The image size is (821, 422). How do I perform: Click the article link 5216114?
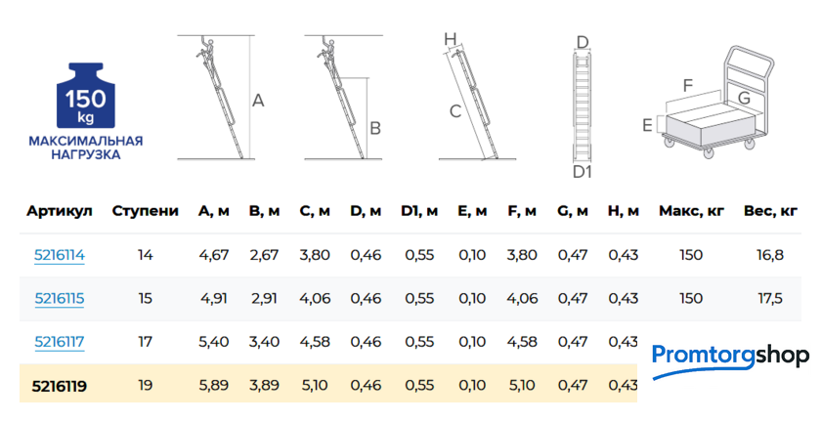coord(60,255)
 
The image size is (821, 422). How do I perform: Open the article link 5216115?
coord(60,299)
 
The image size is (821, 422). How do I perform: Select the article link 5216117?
coord(60,342)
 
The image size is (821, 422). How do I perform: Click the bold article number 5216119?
coord(60,386)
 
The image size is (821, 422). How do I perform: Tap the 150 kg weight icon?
coord(85,96)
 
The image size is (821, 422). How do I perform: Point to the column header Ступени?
coord(145,211)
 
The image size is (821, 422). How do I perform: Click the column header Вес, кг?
coord(770,211)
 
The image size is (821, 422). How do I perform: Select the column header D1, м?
coord(419,211)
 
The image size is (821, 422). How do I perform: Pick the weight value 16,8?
coord(770,255)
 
